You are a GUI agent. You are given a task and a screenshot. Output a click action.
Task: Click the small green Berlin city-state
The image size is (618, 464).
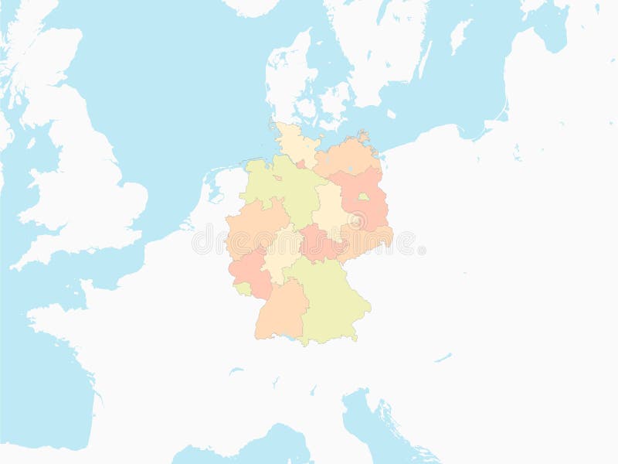tap(363, 197)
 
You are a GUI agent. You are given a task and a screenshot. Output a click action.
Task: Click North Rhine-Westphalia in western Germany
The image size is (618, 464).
tap(251, 228)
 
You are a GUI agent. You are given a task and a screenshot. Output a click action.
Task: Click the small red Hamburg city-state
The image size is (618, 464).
tap(301, 164)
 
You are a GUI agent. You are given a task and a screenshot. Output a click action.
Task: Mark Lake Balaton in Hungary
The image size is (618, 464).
tap(443, 358)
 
